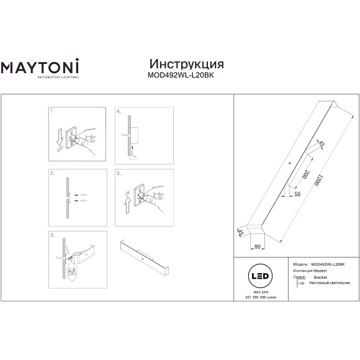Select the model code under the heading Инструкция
(179, 76)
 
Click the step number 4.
(119, 112)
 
